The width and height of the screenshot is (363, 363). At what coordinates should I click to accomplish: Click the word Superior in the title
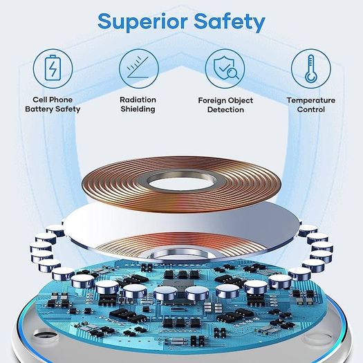142,21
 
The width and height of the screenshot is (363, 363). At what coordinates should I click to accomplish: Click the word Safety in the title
230,21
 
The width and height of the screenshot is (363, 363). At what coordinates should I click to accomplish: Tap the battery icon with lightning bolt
53,68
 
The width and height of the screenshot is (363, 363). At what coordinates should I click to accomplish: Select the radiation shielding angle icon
138,67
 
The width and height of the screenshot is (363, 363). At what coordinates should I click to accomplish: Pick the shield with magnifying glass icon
225,68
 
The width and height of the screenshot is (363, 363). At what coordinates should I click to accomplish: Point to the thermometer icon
311,68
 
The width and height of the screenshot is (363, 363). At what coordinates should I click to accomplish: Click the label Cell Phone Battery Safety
53,104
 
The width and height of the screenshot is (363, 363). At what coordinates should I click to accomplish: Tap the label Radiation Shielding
138,104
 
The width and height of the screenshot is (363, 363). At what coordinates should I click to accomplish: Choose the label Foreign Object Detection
225,105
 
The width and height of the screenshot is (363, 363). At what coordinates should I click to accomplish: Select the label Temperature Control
311,105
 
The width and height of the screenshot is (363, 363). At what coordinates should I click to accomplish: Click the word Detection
225,110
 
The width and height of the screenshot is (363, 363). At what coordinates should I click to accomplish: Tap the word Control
311,109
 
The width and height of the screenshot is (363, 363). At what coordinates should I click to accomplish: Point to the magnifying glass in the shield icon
232,73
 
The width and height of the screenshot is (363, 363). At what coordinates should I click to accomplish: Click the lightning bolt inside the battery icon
53,69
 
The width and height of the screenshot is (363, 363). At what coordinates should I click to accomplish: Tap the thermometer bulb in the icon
311,77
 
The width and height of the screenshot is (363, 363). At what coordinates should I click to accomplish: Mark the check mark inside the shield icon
223,68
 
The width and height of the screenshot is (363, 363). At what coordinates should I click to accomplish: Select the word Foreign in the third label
210,101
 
